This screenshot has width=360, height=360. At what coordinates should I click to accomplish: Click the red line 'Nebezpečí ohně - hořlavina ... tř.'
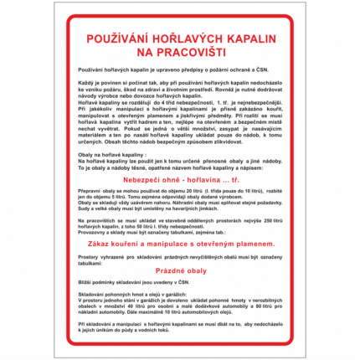click(181, 179)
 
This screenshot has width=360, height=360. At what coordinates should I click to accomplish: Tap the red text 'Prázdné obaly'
click(181, 271)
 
